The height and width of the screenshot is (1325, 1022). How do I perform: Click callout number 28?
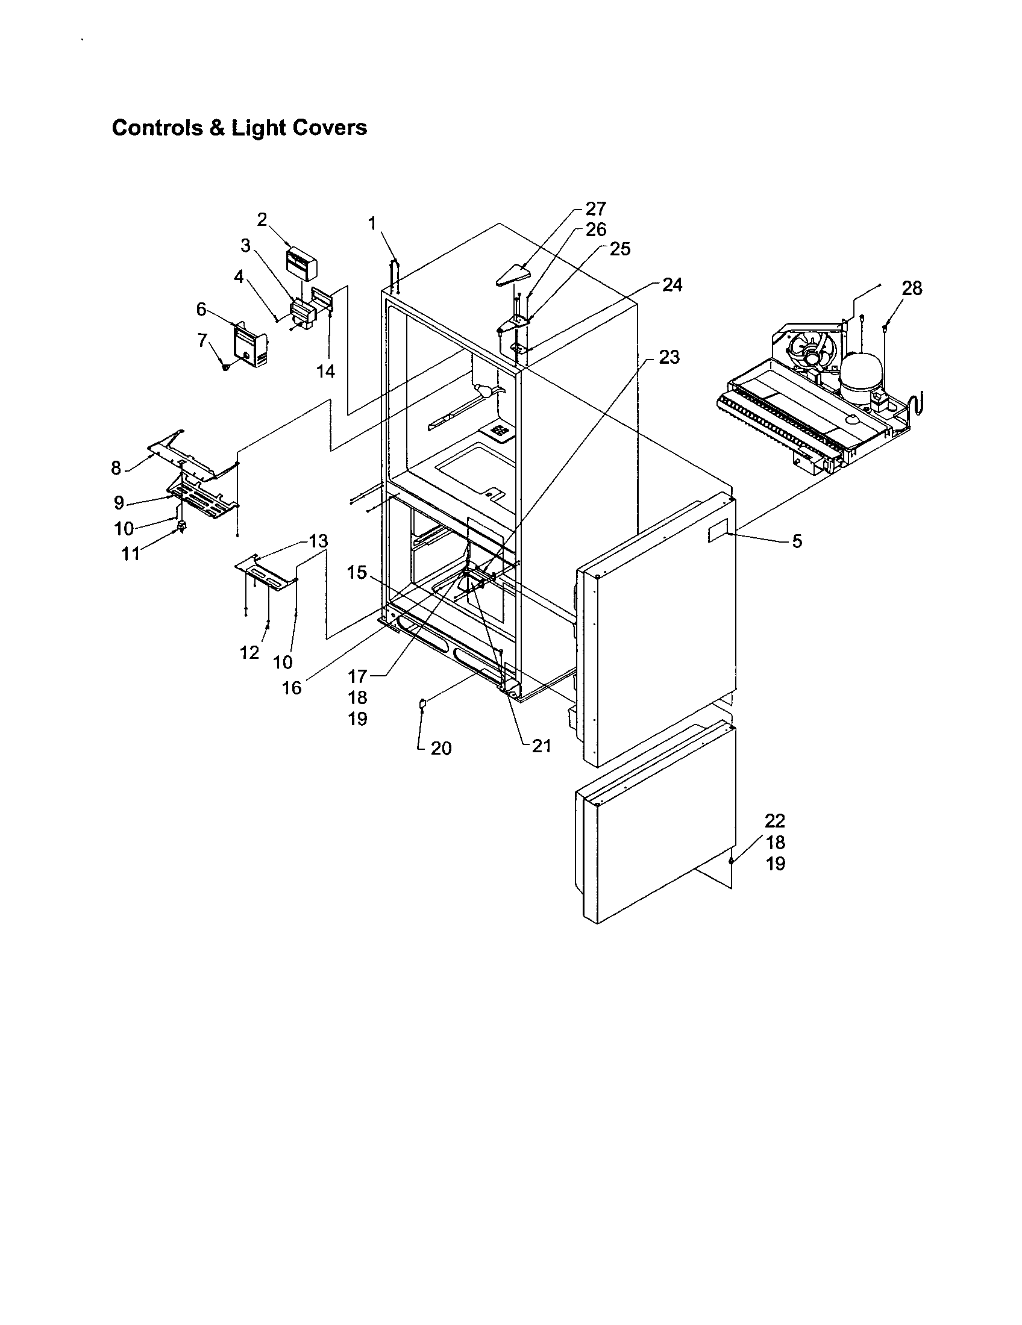pos(912,288)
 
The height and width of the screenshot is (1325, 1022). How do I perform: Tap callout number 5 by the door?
pos(797,541)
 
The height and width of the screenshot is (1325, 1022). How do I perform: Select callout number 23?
pos(669,357)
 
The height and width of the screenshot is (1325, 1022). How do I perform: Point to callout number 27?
pos(595,209)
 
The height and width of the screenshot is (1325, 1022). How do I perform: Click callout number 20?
pos(441,748)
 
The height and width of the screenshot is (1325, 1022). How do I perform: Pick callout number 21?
pos(541,746)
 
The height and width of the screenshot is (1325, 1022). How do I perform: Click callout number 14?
pos(326,370)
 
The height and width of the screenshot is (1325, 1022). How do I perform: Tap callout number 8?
pos(116,468)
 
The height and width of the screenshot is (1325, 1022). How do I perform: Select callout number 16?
pos(292,688)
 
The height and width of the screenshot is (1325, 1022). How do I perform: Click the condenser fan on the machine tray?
pos(811,354)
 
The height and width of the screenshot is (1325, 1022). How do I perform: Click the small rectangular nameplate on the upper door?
pos(719,534)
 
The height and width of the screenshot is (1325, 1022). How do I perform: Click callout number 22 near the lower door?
pos(775,821)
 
